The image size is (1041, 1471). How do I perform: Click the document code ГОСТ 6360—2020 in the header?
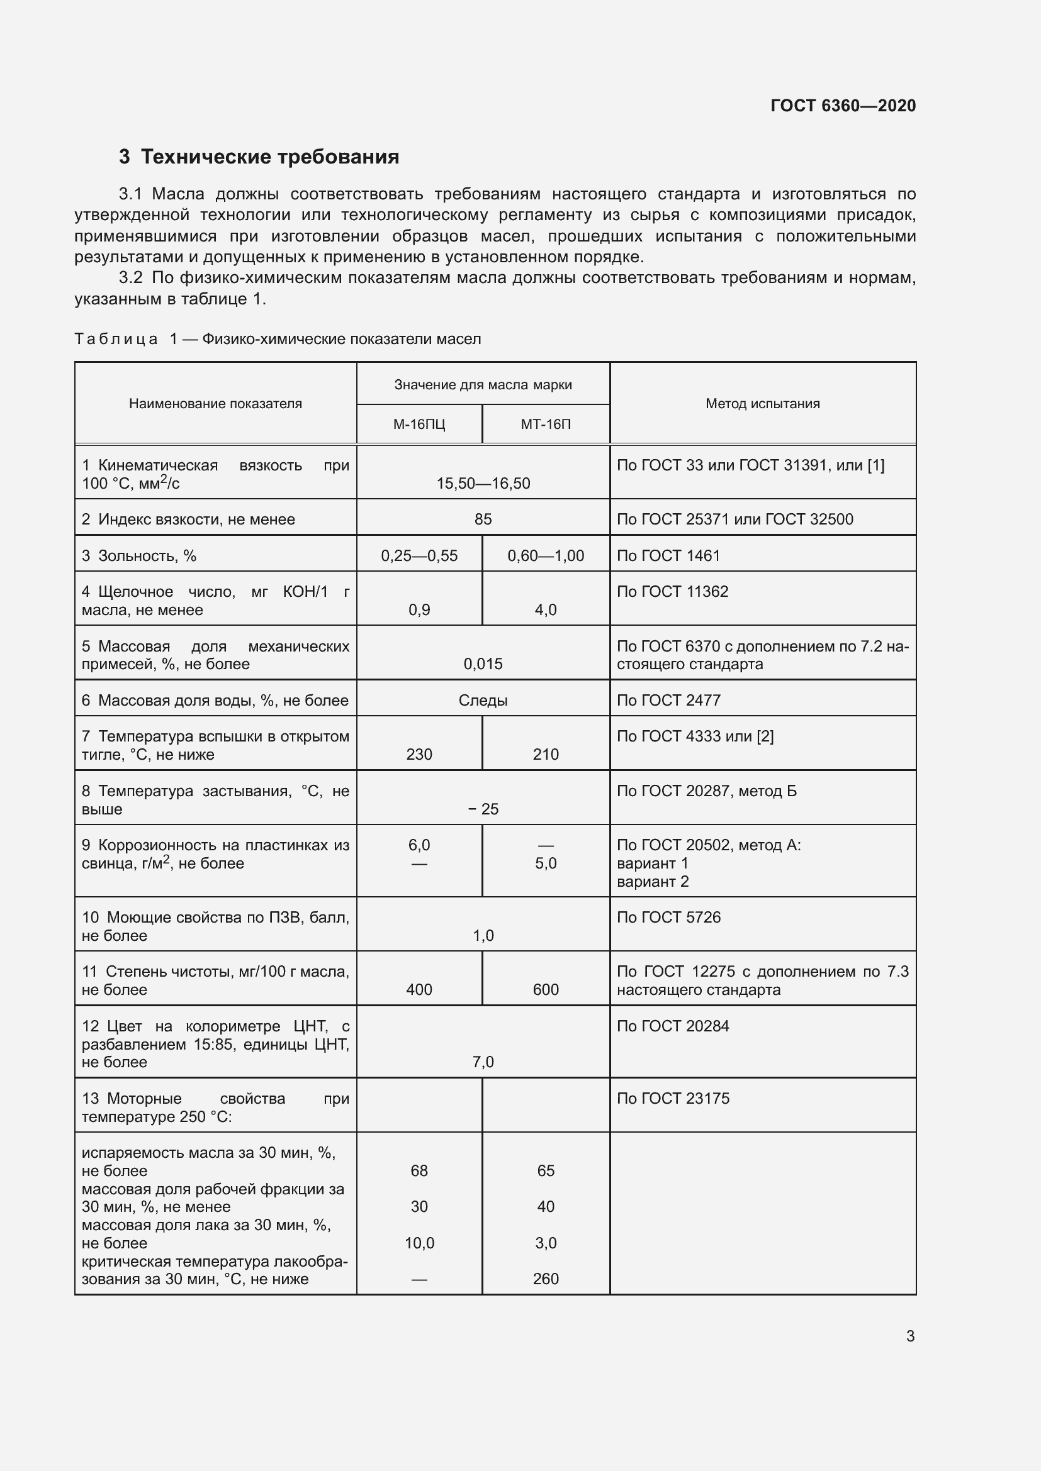click(843, 106)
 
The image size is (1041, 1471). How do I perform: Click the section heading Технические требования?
click(269, 157)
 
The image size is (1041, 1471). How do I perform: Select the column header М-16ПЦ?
click(419, 424)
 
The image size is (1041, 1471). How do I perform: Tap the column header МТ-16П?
click(546, 424)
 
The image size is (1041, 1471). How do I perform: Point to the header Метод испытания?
click(762, 404)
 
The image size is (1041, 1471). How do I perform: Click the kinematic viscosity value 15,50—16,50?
click(483, 484)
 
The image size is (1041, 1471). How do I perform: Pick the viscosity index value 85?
click(483, 519)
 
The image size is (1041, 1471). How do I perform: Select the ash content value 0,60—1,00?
click(546, 556)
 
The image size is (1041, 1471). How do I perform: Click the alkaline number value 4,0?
click(546, 610)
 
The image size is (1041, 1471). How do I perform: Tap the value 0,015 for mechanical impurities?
click(483, 664)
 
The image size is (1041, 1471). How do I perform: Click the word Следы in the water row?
click(483, 701)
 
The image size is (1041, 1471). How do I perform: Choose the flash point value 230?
click(419, 755)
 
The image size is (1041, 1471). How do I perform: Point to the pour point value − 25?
click(483, 809)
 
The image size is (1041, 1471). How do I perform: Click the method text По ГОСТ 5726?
click(668, 918)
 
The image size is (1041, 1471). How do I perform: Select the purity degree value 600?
click(546, 990)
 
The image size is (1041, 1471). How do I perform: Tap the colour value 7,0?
click(483, 1062)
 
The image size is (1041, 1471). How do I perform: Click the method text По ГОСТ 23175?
click(673, 1099)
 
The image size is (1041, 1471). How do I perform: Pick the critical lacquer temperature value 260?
click(546, 1279)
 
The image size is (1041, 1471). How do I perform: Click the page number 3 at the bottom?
click(910, 1336)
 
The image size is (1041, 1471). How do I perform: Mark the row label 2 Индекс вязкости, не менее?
click(188, 519)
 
